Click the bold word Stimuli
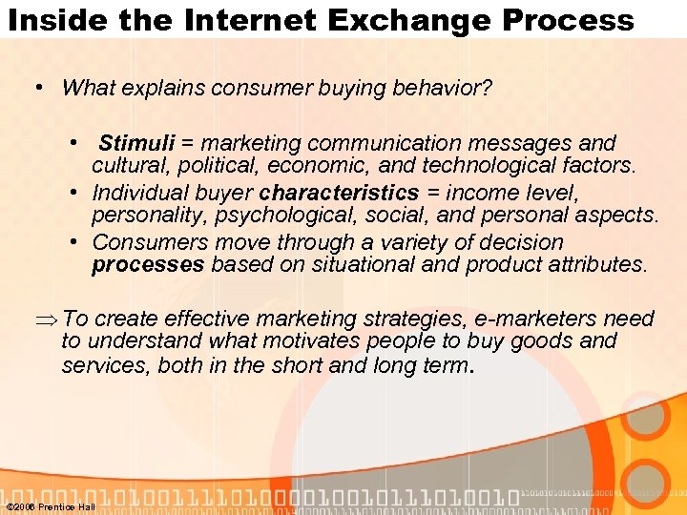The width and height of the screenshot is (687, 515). [x=137, y=144]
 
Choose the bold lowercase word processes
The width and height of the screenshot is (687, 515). [x=148, y=264]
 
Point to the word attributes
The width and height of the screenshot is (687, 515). [x=591, y=264]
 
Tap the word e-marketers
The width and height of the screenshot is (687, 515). [x=514, y=319]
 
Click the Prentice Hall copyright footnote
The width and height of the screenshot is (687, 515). [x=50, y=506]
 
